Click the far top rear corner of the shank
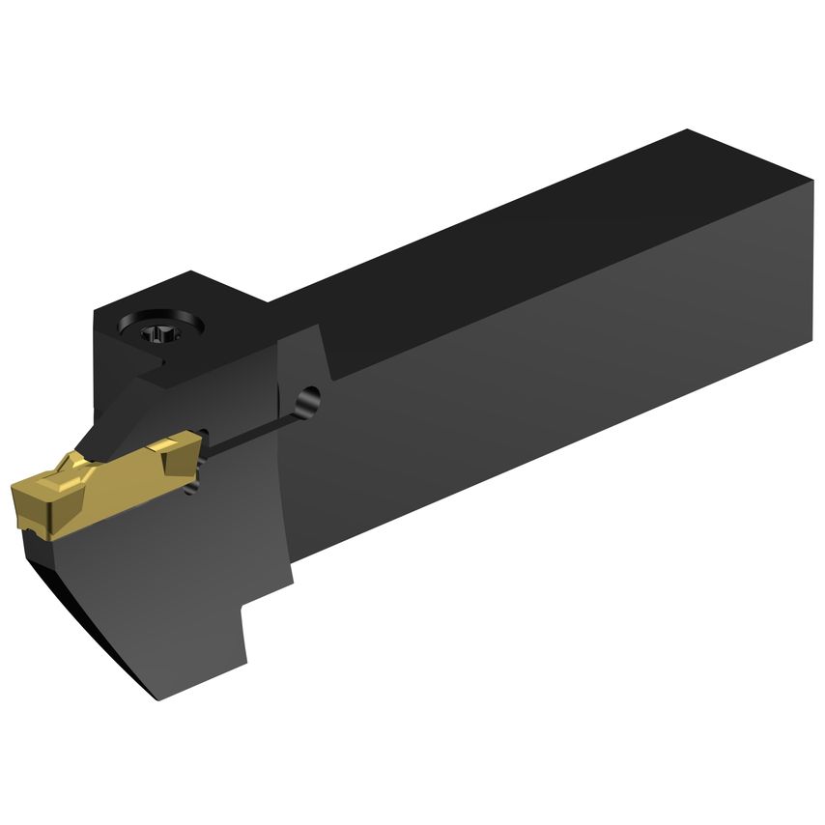[x=688, y=130]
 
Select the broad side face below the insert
[x=174, y=589]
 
